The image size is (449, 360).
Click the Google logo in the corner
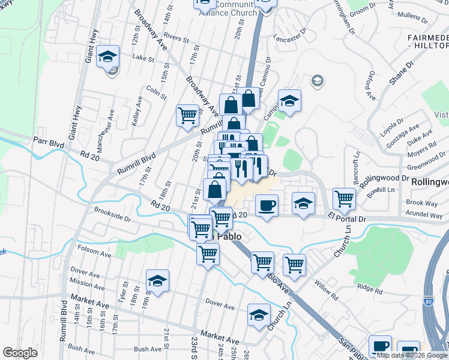[20, 353]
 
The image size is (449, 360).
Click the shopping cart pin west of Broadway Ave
[187, 115]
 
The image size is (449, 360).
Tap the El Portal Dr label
[346, 218]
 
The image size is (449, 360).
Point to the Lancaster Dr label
[289, 37]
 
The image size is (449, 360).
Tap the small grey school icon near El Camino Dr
[316, 80]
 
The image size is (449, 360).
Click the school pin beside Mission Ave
[157, 280]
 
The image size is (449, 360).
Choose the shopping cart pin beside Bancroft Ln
[344, 199]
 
